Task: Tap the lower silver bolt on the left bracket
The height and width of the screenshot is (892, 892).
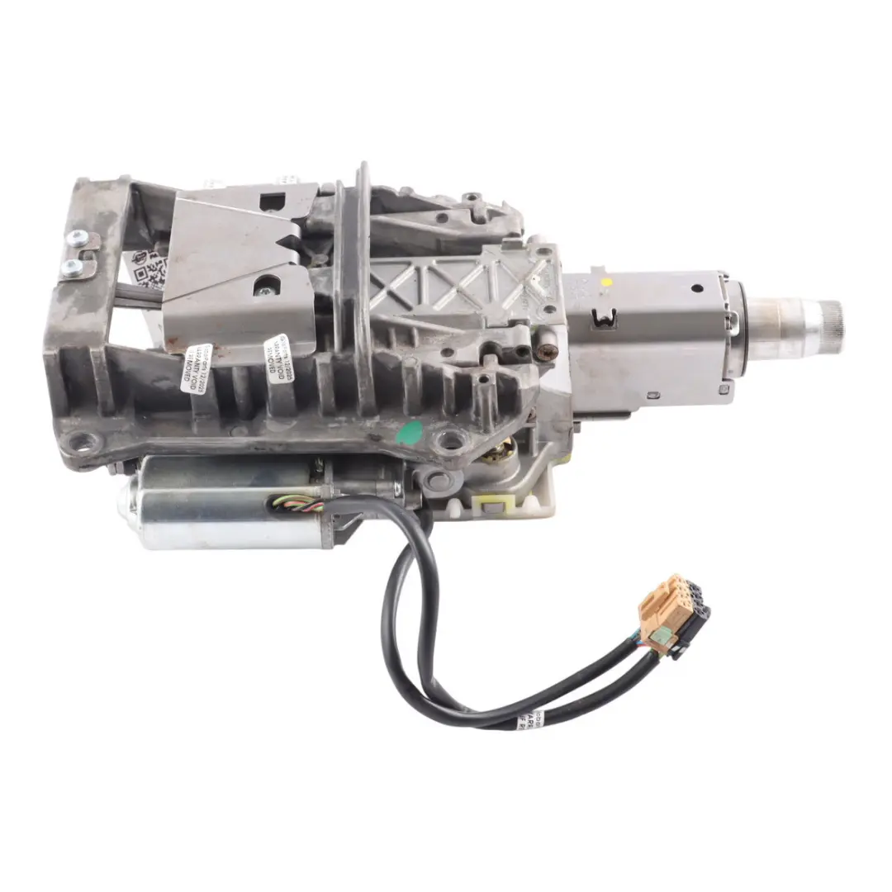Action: click(73, 266)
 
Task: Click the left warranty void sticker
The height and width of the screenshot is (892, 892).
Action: click(196, 367)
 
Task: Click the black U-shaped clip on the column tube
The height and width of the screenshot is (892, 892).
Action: click(605, 315)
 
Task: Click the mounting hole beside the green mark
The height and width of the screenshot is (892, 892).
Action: click(449, 441)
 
